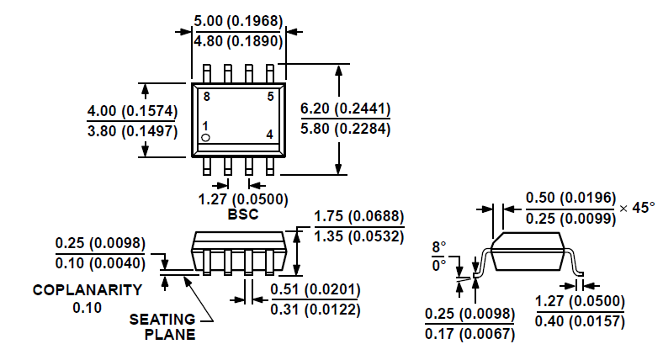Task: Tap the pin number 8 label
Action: click(207, 98)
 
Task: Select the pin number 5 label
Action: click(270, 97)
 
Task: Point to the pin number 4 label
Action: click(270, 135)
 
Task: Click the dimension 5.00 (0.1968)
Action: click(238, 20)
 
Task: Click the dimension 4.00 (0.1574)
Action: click(132, 110)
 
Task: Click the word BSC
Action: click(243, 214)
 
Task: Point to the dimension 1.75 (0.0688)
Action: click(359, 217)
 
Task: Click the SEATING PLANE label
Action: click(162, 326)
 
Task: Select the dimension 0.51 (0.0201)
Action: click(316, 290)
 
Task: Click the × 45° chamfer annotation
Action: click(637, 207)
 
